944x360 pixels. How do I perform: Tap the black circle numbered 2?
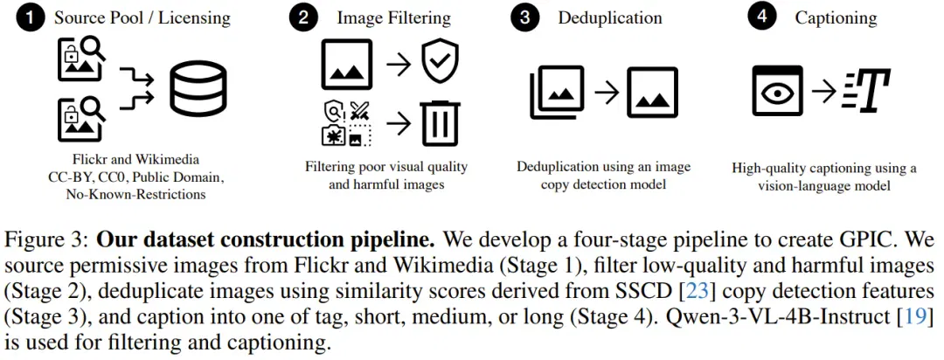[x=302, y=18]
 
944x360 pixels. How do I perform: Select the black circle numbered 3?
[x=525, y=18]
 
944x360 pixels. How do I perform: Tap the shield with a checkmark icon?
[x=440, y=62]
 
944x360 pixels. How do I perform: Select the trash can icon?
[x=441, y=123]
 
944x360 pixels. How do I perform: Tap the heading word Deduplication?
[x=610, y=18]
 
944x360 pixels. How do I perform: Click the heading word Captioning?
[x=836, y=18]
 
